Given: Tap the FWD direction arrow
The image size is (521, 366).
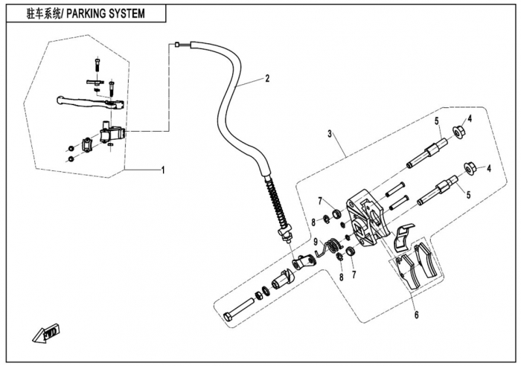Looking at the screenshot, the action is (x=46, y=333).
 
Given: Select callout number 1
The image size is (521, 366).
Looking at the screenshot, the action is (x=163, y=170).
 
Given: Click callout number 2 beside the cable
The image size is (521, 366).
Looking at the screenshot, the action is (x=267, y=78).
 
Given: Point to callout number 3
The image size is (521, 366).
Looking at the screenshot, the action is (x=330, y=134).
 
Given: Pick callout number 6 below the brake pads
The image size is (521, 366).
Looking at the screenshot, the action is (x=417, y=314).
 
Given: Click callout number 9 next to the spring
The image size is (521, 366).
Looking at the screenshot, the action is (x=316, y=242).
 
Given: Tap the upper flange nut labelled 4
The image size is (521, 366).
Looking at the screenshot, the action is (x=459, y=132).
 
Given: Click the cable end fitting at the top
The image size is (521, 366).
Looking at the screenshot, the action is (x=177, y=44).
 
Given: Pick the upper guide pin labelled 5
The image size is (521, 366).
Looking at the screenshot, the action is (x=427, y=152).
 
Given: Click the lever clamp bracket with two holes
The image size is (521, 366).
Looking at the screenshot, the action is (x=87, y=144).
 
